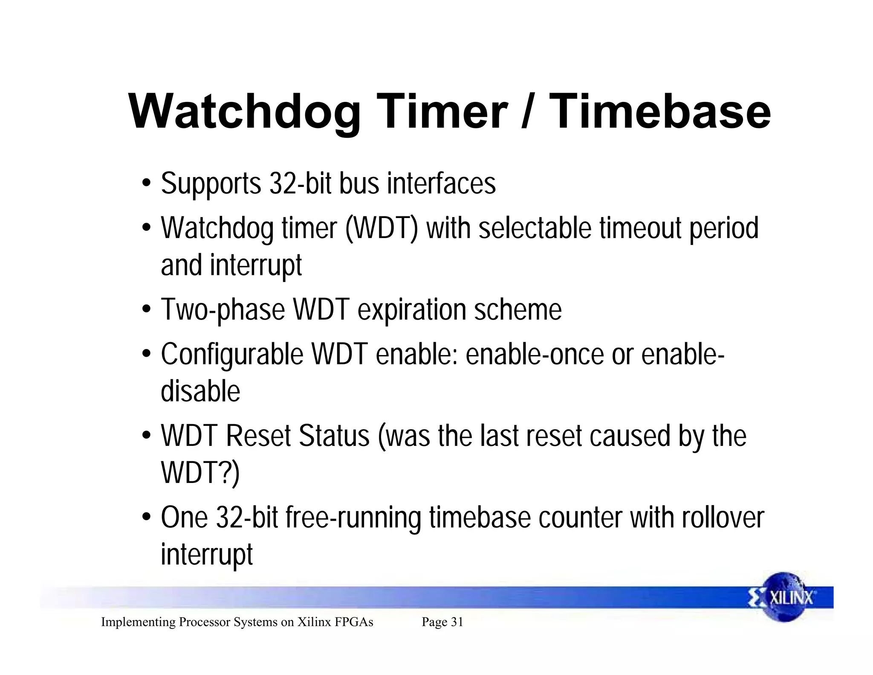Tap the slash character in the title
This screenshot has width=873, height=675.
527,112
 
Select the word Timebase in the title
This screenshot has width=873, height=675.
660,112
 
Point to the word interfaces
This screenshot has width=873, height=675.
441,184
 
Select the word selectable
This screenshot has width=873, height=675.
535,229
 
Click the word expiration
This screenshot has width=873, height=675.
412,310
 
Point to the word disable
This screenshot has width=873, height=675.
200,391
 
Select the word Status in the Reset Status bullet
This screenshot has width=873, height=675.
334,436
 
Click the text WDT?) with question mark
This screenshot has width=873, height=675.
200,472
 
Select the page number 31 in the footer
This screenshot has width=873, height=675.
457,622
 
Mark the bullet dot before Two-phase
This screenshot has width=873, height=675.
147,309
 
